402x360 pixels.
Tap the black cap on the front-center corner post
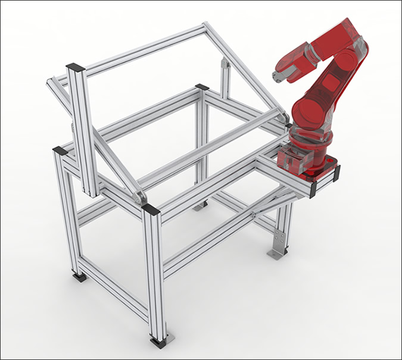tap(151, 209)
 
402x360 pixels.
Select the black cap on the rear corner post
tap(202, 87)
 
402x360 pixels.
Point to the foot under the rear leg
tap(200, 206)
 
